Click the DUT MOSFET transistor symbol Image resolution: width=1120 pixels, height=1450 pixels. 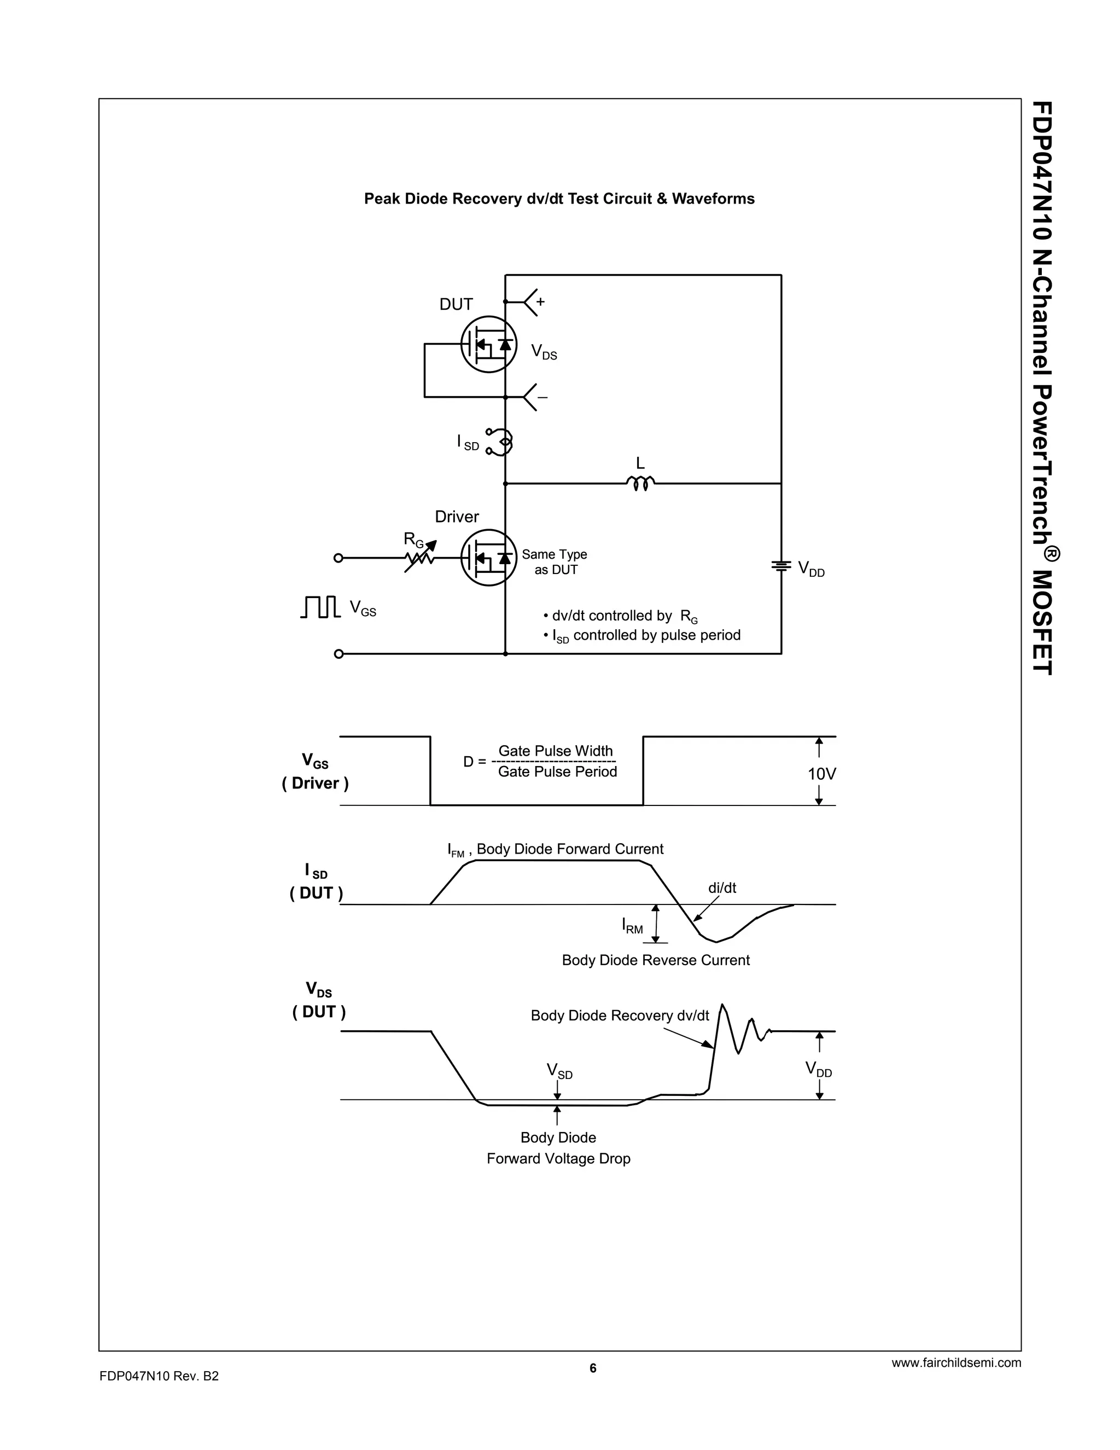(489, 344)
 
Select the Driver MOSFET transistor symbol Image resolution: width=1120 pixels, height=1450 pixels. (489, 557)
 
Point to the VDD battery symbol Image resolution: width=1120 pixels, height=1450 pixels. (781, 566)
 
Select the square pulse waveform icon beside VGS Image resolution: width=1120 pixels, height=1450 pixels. (320, 606)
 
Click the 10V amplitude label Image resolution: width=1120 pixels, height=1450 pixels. (821, 774)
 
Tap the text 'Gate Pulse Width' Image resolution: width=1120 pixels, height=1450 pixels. (556, 751)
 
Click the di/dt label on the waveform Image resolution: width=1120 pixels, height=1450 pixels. (722, 888)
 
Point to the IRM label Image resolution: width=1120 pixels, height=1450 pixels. (632, 925)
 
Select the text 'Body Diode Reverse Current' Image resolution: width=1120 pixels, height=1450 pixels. (656, 960)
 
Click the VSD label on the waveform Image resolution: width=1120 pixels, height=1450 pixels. (559, 1070)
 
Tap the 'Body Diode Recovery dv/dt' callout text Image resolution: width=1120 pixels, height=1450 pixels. (620, 1015)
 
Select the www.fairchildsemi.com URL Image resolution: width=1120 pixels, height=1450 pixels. (956, 1363)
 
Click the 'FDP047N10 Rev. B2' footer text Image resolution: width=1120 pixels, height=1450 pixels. (159, 1376)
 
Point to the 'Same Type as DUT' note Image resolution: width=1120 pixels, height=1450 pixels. (555, 562)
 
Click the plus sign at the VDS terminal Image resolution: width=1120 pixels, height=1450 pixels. (540, 301)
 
